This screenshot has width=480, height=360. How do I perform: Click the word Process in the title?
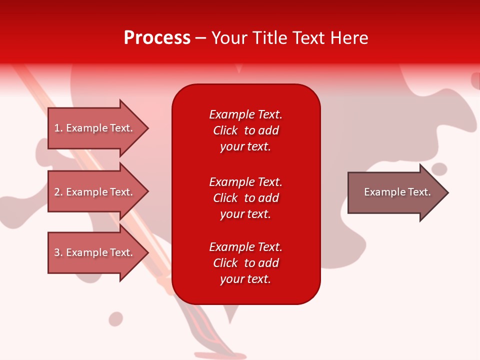pos(157,38)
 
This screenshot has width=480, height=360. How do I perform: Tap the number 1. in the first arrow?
pos(58,128)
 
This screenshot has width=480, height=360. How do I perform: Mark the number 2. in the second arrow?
pos(58,192)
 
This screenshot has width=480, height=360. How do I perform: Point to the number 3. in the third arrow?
pos(58,252)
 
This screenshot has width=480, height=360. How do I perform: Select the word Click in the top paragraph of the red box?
pos(225,130)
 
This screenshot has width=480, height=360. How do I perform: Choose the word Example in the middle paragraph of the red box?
pos(231,182)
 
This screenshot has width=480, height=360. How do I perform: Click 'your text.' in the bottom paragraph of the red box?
pos(245,279)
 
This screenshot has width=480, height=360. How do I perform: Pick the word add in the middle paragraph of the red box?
pos(269,198)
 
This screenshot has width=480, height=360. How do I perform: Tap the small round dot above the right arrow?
pos(439,169)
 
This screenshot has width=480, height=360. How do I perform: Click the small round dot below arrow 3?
pos(116,319)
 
